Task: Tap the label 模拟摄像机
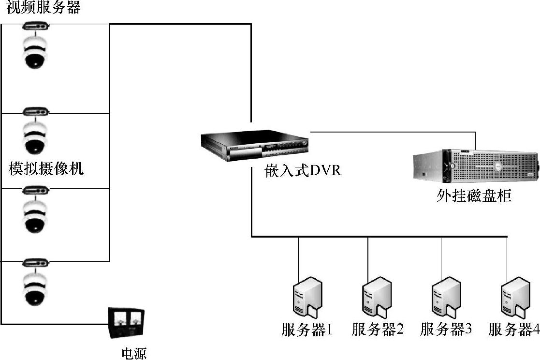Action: click(46, 169)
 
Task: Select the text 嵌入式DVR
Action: click(304, 171)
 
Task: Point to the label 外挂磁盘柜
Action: click(474, 195)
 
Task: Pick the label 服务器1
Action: click(307, 330)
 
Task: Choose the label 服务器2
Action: click(377, 330)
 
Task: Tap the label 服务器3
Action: click(446, 330)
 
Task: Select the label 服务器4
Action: click(513, 330)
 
